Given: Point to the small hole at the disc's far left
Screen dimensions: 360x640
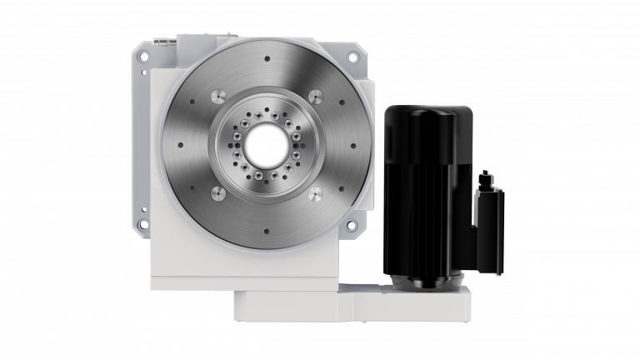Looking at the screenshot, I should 179,144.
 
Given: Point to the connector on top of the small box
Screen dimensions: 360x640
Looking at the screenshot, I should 486,177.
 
